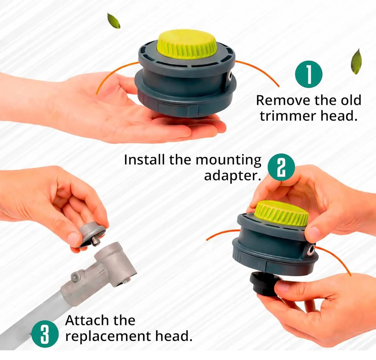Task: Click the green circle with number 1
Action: pyautogui.click(x=308, y=74)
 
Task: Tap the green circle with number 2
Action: pyautogui.click(x=281, y=167)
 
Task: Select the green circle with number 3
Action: pyautogui.click(x=45, y=334)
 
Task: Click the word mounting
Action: pyautogui.click(x=228, y=160)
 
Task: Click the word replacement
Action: pyautogui.click(x=108, y=337)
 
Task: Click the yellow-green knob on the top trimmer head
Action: pyautogui.click(x=187, y=44)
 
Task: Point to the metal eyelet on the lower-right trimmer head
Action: pyautogui.click(x=311, y=251)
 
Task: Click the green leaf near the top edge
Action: pyautogui.click(x=114, y=21)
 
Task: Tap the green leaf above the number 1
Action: pyautogui.click(x=356, y=62)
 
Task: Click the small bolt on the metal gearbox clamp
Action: pyautogui.click(x=75, y=277)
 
